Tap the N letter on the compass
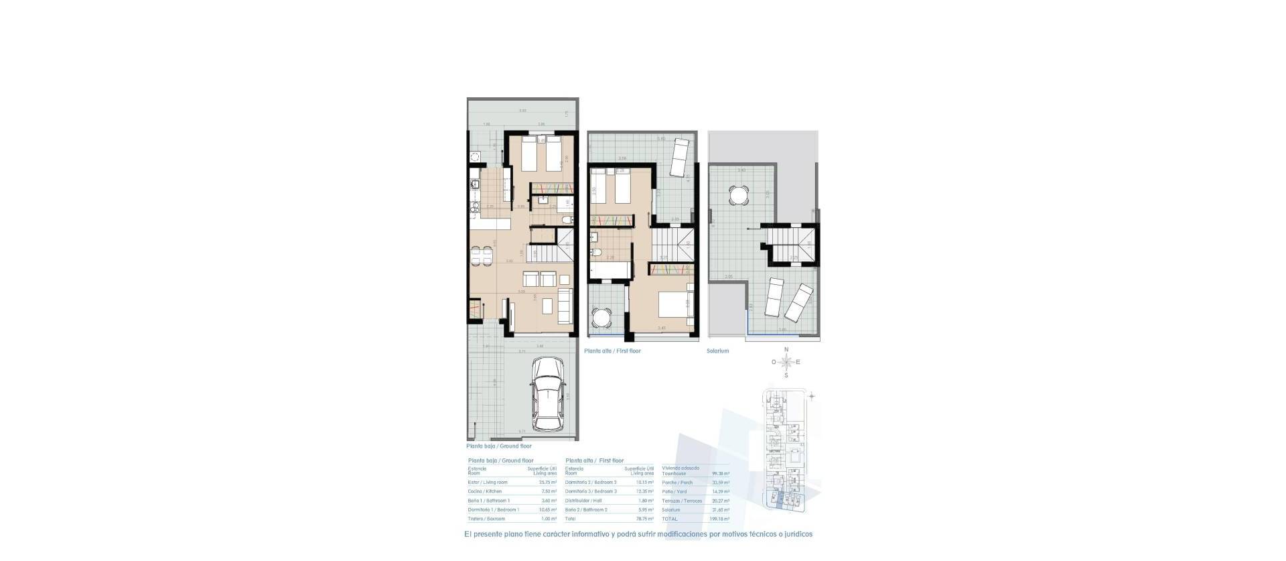pos(786,350)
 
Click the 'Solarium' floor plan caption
pos(717,351)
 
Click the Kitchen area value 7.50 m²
pos(549,491)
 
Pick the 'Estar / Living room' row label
pos(488,482)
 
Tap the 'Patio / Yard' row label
pos(673,491)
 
